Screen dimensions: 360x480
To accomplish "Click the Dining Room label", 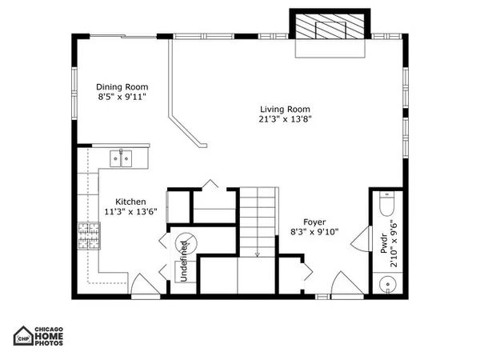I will tap(122, 87).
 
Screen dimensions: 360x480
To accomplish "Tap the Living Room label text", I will tap(285, 110).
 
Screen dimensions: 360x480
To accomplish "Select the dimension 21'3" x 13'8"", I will tap(285, 120).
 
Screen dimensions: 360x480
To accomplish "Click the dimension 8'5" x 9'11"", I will tap(122, 98).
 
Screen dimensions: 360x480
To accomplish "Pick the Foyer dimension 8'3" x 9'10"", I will tap(315, 232).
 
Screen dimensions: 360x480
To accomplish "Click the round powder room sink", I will tap(388, 283).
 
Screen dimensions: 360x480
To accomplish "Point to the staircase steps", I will tap(257, 219).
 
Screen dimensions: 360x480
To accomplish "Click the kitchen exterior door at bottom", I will tap(140, 285).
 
